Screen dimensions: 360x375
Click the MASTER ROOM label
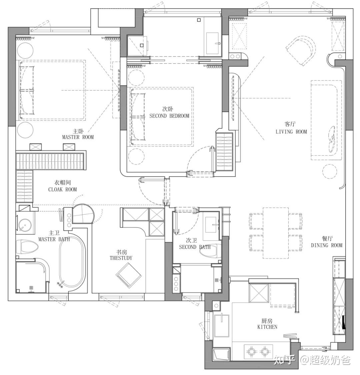[x=78, y=137]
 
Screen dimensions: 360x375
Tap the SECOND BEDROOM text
[x=169, y=116]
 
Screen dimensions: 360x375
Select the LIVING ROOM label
[x=291, y=131]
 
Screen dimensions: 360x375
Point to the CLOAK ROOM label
[x=63, y=190]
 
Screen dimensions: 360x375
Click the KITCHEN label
[x=267, y=327]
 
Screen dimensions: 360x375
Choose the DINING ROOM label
[x=327, y=245]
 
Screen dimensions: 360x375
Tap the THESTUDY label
[x=121, y=258]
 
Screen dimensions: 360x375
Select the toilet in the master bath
[x=27, y=247]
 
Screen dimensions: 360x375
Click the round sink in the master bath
[x=25, y=225]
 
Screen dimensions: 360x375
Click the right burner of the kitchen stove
[x=265, y=352]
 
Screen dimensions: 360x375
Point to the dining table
[x=276, y=233]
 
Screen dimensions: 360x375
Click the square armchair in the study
[x=129, y=275]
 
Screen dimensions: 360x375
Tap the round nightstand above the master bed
[x=25, y=50]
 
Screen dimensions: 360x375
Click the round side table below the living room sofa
[x=330, y=171]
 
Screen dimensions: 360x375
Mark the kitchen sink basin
[x=222, y=326]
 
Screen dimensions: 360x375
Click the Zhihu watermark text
[x=312, y=360]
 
